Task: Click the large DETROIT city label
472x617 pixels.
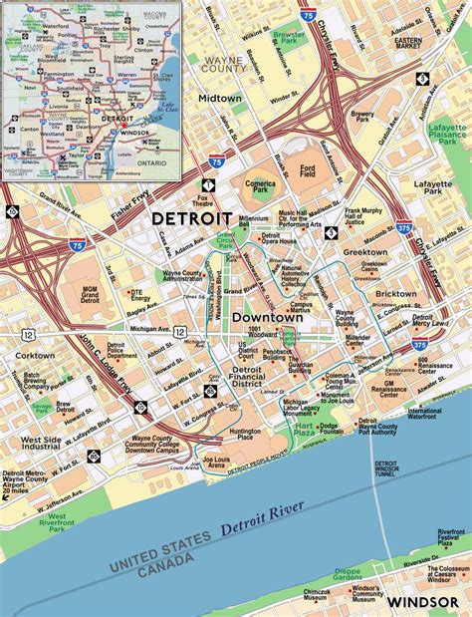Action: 191,218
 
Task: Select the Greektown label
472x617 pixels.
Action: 365,253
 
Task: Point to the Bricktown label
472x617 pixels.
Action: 396,295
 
